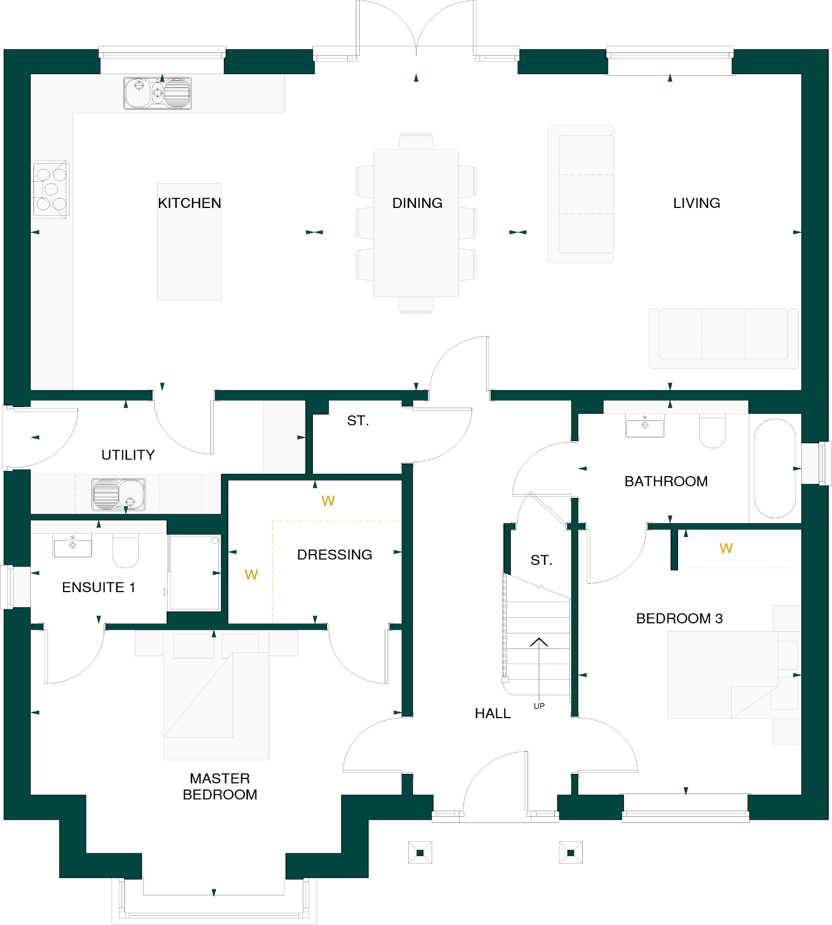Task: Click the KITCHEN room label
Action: pyautogui.click(x=189, y=203)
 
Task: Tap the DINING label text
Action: pyautogui.click(x=417, y=203)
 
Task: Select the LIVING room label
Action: pyautogui.click(x=696, y=203)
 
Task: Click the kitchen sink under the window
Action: pyautogui.click(x=157, y=93)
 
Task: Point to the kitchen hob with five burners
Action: pyautogui.click(x=51, y=190)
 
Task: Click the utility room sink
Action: pyautogui.click(x=118, y=494)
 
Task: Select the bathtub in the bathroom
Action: pyautogui.click(x=775, y=468)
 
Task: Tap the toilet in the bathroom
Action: pyautogui.click(x=712, y=430)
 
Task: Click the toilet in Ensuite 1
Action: pyautogui.click(x=125, y=550)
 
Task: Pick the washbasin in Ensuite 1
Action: pyautogui.click(x=72, y=545)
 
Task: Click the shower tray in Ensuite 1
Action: pyautogui.click(x=195, y=572)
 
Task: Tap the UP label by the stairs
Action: pyautogui.click(x=539, y=706)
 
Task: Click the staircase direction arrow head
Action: pyautogui.click(x=539, y=641)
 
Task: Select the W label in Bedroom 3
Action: pyautogui.click(x=725, y=548)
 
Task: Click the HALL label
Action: pyautogui.click(x=492, y=713)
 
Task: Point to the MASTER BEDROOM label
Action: pyautogui.click(x=220, y=786)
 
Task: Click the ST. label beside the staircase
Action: pyautogui.click(x=541, y=560)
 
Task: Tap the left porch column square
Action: pyautogui.click(x=420, y=853)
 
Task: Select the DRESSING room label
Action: pyautogui.click(x=335, y=554)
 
